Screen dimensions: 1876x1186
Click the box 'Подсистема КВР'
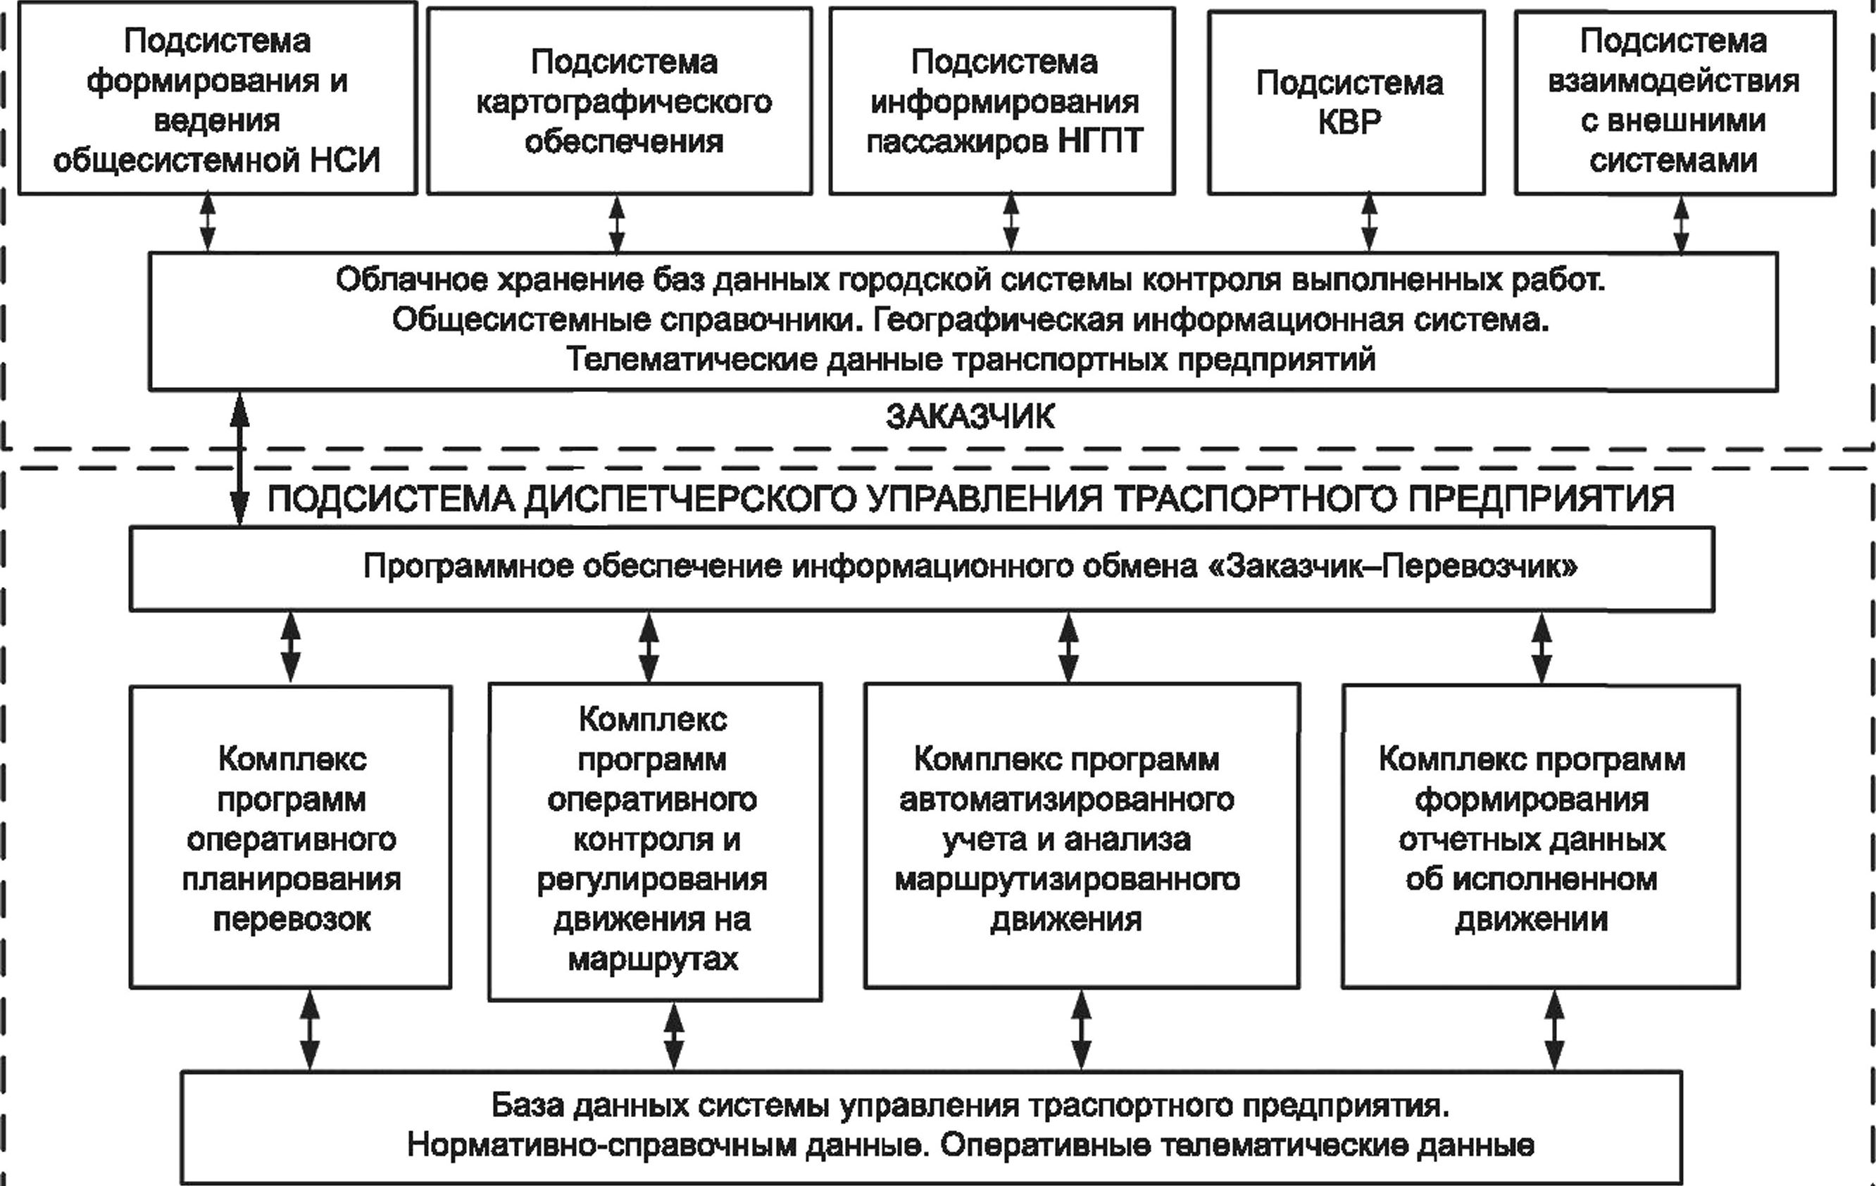pyautogui.click(x=1346, y=102)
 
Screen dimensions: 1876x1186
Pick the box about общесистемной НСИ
pyautogui.click(x=218, y=97)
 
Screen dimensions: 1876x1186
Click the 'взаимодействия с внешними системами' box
pyautogui.click(x=1675, y=102)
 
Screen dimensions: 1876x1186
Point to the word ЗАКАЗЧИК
pyautogui.click(x=970, y=417)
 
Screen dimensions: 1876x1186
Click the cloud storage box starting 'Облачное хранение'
pyautogui.click(x=963, y=321)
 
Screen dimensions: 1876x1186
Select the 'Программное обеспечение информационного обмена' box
pyautogui.click(x=922, y=569)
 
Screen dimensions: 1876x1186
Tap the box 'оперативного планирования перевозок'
pyautogui.click(x=291, y=836)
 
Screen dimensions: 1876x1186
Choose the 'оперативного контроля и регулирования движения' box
pyautogui.click(x=655, y=842)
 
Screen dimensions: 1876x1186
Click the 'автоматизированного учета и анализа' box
pyautogui.click(x=1082, y=836)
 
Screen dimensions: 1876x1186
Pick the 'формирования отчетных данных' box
pyautogui.click(x=1541, y=836)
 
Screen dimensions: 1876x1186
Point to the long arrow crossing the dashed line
pyautogui.click(x=240, y=459)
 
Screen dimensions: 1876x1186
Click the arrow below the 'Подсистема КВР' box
pyautogui.click(x=1369, y=222)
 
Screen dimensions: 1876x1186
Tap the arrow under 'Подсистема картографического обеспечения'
pyautogui.click(x=616, y=224)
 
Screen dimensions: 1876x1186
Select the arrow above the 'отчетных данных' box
pyautogui.click(x=1542, y=647)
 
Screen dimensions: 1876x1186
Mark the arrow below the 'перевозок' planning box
pyautogui.click(x=310, y=1030)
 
